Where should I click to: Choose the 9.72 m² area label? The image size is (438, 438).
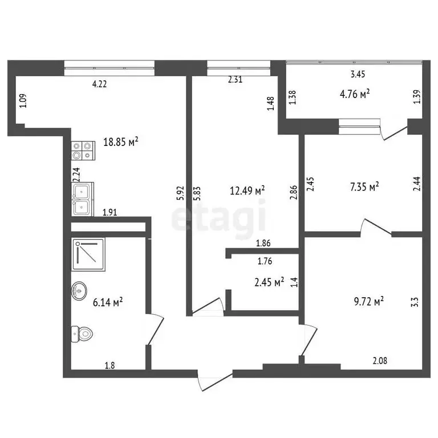point(368,301)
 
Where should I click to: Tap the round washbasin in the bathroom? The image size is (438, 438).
point(79,291)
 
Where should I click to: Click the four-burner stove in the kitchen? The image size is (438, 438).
point(82,150)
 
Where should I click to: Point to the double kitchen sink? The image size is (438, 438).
point(83,199)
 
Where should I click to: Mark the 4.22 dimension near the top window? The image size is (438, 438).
point(101,84)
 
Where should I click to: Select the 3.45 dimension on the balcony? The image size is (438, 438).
point(357,74)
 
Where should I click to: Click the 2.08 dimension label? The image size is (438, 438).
point(381,360)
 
